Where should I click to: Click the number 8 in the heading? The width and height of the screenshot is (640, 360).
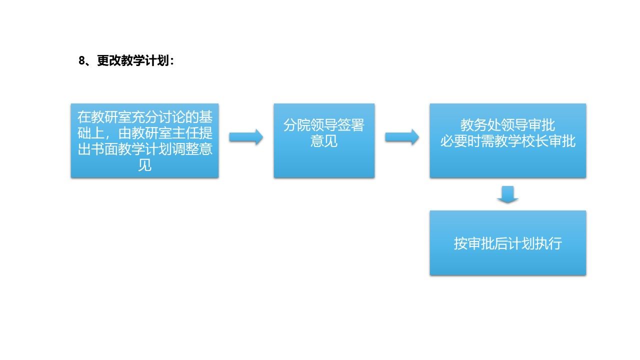coord(82,61)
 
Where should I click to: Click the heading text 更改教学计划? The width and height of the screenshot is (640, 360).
coord(133,60)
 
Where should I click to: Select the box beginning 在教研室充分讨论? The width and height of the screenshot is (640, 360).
coord(145,141)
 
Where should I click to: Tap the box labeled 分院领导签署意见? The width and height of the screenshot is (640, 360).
coord(324,141)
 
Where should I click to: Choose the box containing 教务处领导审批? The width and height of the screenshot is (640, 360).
coord(507,141)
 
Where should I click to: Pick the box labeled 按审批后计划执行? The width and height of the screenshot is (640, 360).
coord(507,243)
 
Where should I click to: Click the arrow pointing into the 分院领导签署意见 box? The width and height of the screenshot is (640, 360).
coord(246,137)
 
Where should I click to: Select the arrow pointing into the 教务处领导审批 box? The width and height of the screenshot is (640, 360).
coord(402,137)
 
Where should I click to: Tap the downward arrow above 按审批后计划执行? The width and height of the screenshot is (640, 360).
coord(507,194)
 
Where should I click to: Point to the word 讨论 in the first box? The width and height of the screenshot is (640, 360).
coord(179,117)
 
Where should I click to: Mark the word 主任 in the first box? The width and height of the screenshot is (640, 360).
coord(185,133)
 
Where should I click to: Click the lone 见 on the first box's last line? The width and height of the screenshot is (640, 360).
coord(145,165)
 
